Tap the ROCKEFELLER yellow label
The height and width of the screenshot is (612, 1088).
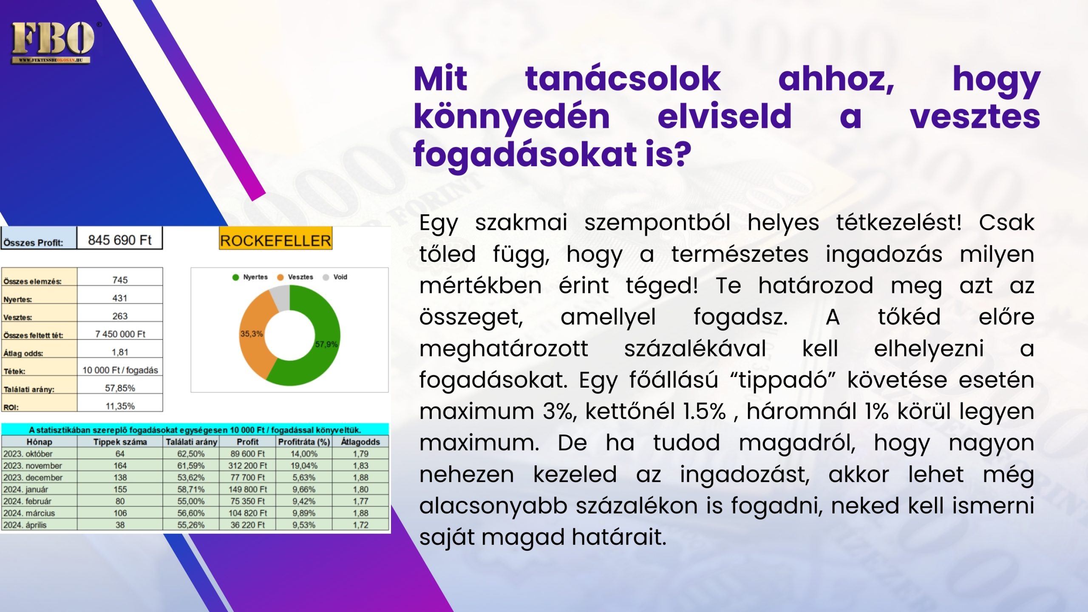tap(275, 240)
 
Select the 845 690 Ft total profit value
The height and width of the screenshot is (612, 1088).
tap(120, 240)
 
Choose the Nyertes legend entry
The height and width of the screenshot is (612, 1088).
tap(250, 277)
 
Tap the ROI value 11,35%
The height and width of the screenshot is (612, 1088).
tap(120, 406)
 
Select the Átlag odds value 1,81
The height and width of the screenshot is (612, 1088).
tap(120, 352)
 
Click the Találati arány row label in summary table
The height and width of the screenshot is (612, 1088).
tap(29, 389)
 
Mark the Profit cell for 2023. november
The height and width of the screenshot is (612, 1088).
tap(248, 466)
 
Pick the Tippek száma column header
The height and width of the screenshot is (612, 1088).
tap(120, 442)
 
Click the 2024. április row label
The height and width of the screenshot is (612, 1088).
tap(25, 525)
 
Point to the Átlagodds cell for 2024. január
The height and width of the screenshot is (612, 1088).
tap(361, 490)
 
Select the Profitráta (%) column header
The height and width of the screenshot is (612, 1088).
tap(304, 442)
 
